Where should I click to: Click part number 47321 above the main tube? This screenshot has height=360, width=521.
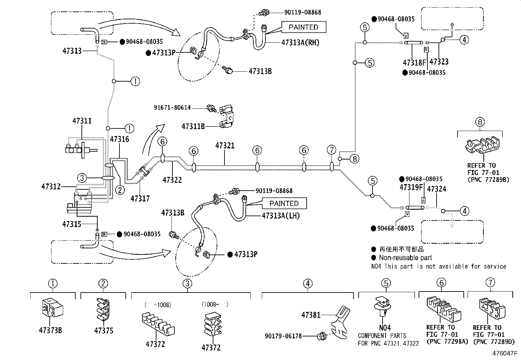pos(225,145)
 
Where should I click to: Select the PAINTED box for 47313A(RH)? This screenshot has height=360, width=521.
pos(303,27)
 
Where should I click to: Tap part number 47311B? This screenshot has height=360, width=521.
pos(193,126)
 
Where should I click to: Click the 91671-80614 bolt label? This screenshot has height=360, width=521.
pos(172,107)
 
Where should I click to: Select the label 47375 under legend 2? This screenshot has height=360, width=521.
pos(104,331)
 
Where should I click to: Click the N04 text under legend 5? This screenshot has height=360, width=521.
pos(385,328)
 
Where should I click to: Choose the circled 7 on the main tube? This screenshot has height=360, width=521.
pos(332,150)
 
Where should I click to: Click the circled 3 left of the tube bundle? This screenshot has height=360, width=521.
pos(82,178)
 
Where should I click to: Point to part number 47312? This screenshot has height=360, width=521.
pos(51,187)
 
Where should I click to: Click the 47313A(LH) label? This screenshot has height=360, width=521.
pos(281,216)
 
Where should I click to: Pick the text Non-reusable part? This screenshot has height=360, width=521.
pos(405,258)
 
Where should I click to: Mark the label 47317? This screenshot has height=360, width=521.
pos(140,198)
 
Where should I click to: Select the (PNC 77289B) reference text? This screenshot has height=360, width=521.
pos(489,179)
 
